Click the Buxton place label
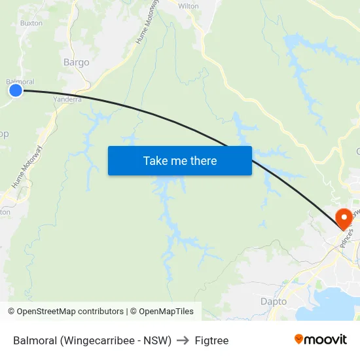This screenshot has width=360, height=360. (31, 22)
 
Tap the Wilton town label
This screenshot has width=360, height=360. (189, 6)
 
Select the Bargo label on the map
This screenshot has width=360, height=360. (76, 63)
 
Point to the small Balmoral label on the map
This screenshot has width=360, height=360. (20, 82)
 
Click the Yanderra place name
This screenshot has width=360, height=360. (67, 99)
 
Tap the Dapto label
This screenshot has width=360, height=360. (274, 302)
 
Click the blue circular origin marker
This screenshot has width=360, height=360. (16, 90)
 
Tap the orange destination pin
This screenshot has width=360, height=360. (343, 218)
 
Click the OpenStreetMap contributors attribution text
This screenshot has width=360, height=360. (70, 312)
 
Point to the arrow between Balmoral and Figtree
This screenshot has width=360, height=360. (183, 340)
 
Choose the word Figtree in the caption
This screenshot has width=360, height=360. (211, 340)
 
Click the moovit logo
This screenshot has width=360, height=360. (321, 339)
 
